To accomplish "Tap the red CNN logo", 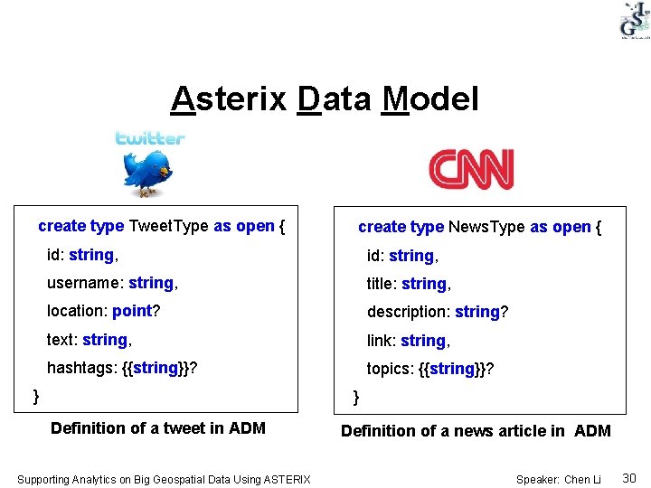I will [471, 169].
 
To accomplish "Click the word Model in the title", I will [430, 99].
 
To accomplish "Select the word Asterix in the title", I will [229, 99].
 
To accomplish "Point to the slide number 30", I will [629, 477].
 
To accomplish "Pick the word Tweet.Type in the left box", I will [169, 226].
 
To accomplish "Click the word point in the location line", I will [132, 311].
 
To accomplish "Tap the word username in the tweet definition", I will [84, 283].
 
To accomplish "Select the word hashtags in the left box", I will [80, 368].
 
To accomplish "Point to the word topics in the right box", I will [389, 369].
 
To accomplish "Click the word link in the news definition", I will [379, 341].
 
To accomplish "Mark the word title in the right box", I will [380, 284].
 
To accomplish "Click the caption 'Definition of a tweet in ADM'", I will [158, 428].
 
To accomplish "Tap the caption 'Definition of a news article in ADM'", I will [476, 431].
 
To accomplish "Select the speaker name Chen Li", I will [583, 479].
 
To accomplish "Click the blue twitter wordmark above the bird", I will [149, 138].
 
